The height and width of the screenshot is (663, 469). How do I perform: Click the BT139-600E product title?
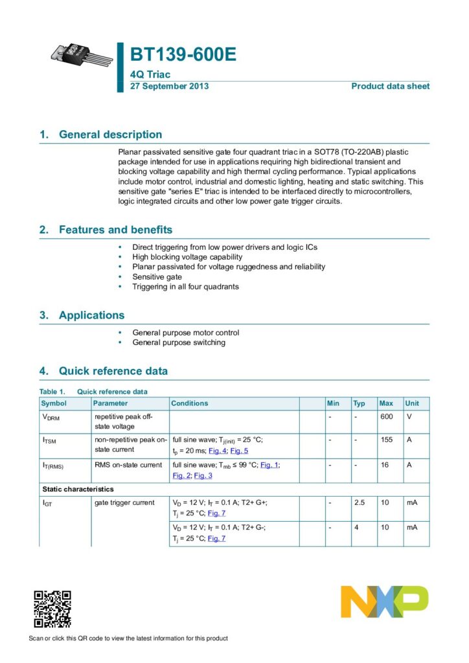183,56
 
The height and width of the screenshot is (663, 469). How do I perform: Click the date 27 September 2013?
170,86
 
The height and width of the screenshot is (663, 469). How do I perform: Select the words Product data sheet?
390,86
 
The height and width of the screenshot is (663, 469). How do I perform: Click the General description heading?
110,135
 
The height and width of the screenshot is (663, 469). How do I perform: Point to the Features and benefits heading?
115,230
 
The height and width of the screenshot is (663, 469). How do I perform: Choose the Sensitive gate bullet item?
157,276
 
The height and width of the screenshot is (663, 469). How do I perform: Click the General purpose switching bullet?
179,343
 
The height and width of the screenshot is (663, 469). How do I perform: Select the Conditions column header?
190,403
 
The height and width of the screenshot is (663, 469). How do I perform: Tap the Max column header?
386,403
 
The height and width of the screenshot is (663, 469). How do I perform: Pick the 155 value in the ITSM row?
387,440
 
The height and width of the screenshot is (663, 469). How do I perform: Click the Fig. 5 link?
239,451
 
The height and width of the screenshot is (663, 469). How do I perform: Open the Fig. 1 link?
269,465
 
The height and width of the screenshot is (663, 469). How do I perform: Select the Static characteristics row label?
78,489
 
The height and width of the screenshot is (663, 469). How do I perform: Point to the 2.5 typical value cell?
360,502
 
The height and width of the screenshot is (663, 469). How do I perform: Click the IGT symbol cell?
49,503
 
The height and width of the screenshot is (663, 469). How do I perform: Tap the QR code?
52,609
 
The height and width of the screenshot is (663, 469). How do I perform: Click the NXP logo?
384,602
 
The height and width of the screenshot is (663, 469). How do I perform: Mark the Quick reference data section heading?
113,372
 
